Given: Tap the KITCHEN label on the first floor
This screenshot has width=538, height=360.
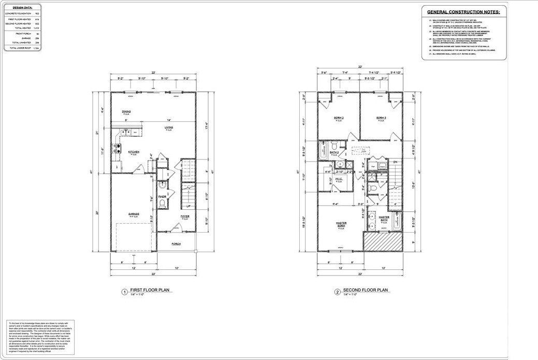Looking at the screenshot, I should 133,152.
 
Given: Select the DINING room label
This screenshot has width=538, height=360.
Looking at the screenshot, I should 126,111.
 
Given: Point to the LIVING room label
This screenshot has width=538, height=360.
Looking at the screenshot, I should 169,128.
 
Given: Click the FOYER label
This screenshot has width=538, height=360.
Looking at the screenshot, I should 185,217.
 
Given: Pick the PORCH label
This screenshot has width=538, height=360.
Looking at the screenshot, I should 177,243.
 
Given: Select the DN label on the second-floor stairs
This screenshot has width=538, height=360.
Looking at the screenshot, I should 394,163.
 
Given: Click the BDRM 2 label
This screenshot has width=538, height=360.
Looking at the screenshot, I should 339,118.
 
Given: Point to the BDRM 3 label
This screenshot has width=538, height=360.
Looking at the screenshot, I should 381,118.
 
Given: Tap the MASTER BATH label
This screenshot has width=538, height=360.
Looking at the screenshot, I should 384,219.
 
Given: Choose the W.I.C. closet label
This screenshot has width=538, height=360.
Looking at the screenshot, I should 340,179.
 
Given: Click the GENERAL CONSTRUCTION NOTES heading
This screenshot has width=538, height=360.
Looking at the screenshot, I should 463,11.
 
